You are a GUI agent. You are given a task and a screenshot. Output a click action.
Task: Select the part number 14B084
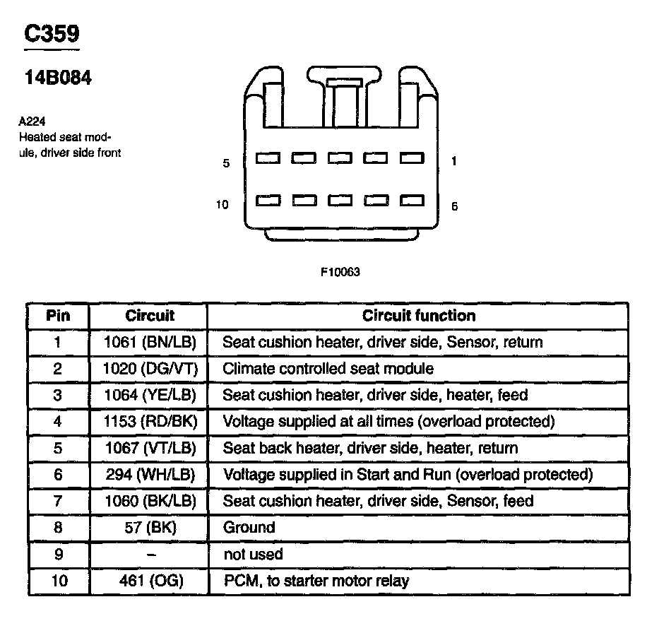(x=58, y=78)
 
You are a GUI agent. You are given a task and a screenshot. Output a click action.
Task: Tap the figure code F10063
(x=340, y=271)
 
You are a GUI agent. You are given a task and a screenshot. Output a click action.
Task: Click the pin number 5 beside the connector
(x=226, y=163)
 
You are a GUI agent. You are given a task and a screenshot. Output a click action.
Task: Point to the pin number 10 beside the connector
(x=222, y=205)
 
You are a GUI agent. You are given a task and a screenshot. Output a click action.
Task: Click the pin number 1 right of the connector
(x=453, y=162)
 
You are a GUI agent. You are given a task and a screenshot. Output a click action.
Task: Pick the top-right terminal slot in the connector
(x=411, y=159)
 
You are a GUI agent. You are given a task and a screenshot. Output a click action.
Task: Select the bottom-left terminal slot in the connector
(x=267, y=201)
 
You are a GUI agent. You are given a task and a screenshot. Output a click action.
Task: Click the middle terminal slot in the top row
(x=339, y=159)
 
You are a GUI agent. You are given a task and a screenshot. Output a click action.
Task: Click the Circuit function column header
(x=418, y=316)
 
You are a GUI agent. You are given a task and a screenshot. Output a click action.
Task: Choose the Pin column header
(x=58, y=316)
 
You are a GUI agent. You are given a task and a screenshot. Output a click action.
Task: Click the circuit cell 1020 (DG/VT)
(x=149, y=369)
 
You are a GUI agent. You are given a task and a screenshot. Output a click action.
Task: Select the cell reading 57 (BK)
(x=149, y=528)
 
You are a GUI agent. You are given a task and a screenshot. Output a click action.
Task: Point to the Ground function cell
(x=249, y=528)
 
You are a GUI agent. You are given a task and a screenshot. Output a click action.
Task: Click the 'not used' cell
(x=253, y=555)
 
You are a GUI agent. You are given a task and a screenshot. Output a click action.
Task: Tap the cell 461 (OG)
(x=149, y=581)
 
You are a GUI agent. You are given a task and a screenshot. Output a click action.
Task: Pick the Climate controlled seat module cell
(x=328, y=369)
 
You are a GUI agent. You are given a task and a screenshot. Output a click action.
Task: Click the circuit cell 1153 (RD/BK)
(x=149, y=422)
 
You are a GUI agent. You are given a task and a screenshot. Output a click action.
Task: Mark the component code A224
(x=32, y=121)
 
